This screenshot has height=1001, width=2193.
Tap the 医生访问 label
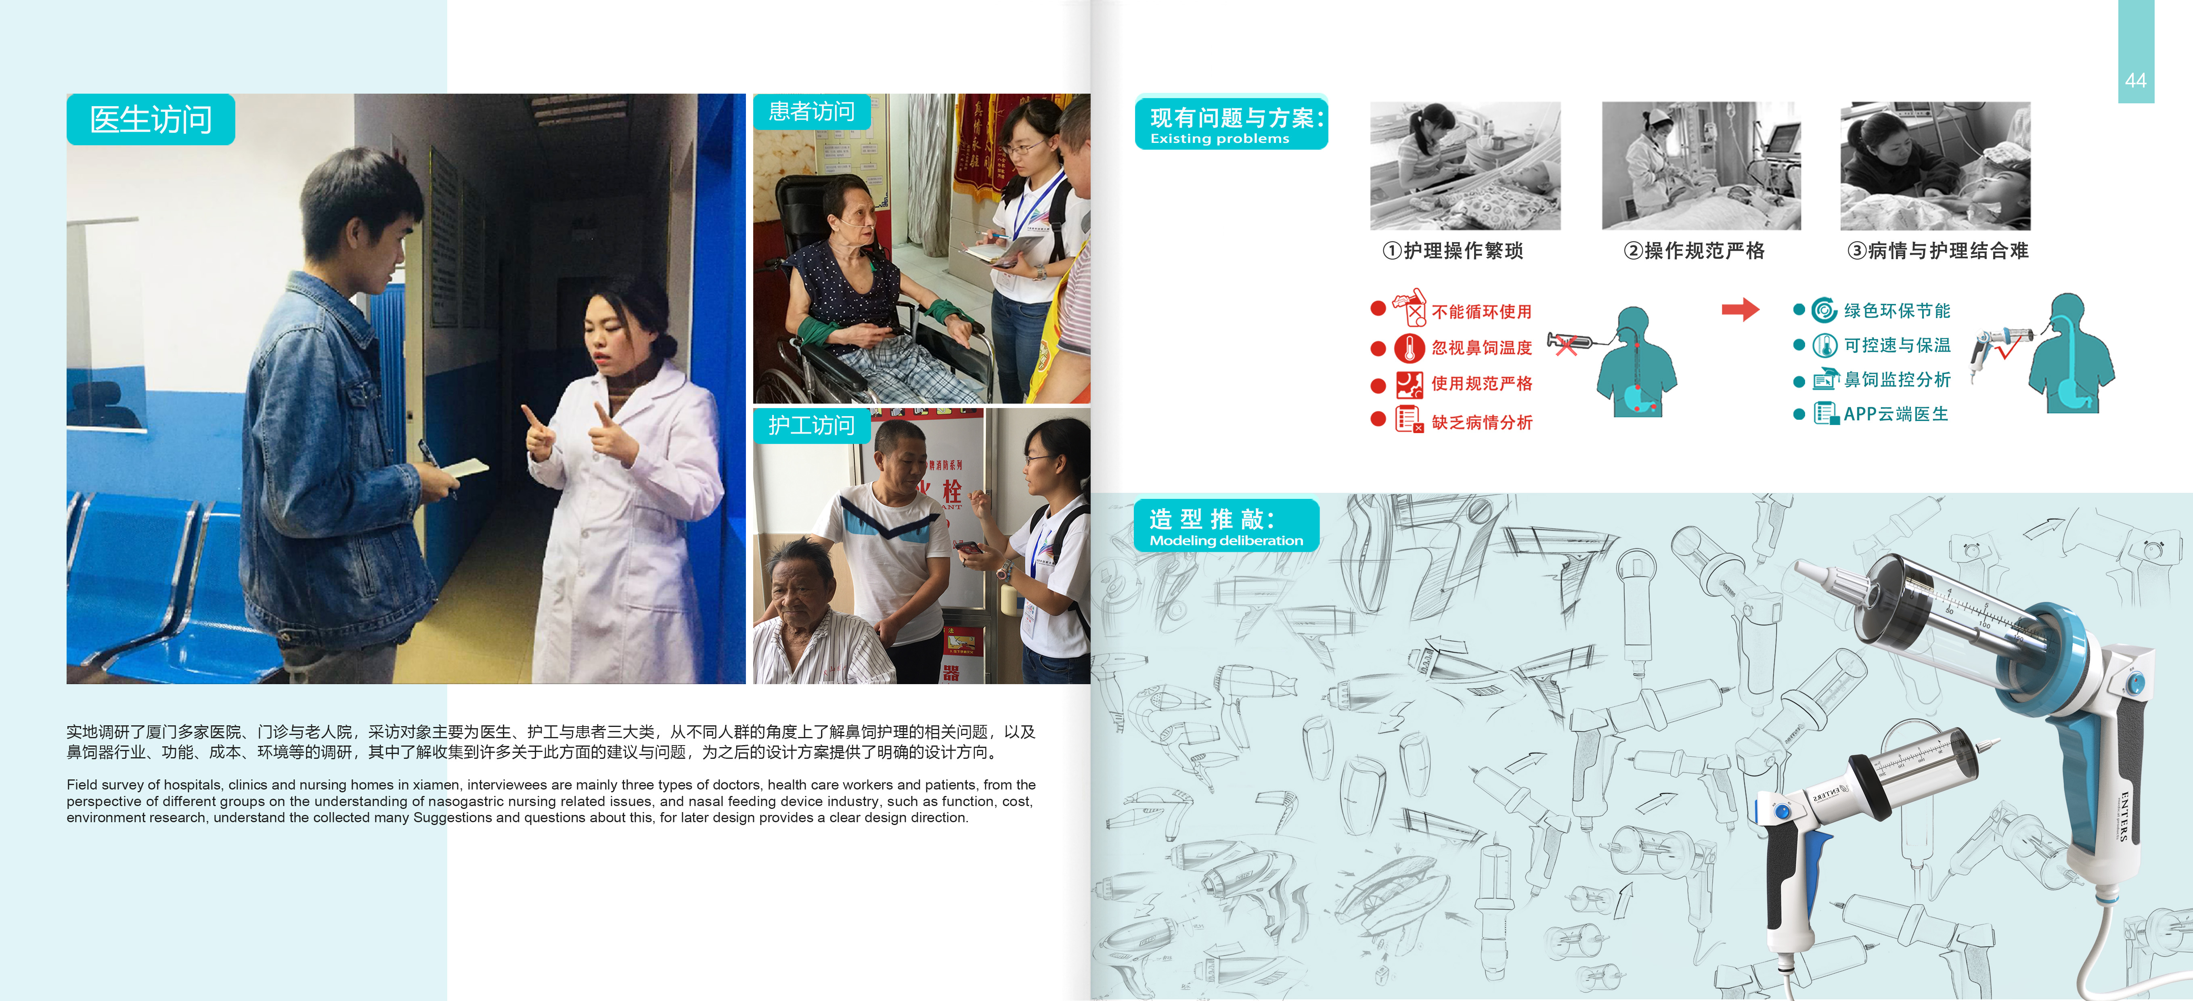click(151, 119)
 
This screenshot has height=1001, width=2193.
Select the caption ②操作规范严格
click(1694, 250)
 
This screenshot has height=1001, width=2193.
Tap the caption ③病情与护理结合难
click(1937, 250)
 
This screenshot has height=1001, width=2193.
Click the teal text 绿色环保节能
click(1897, 311)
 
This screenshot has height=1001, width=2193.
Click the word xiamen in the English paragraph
click(436, 785)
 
